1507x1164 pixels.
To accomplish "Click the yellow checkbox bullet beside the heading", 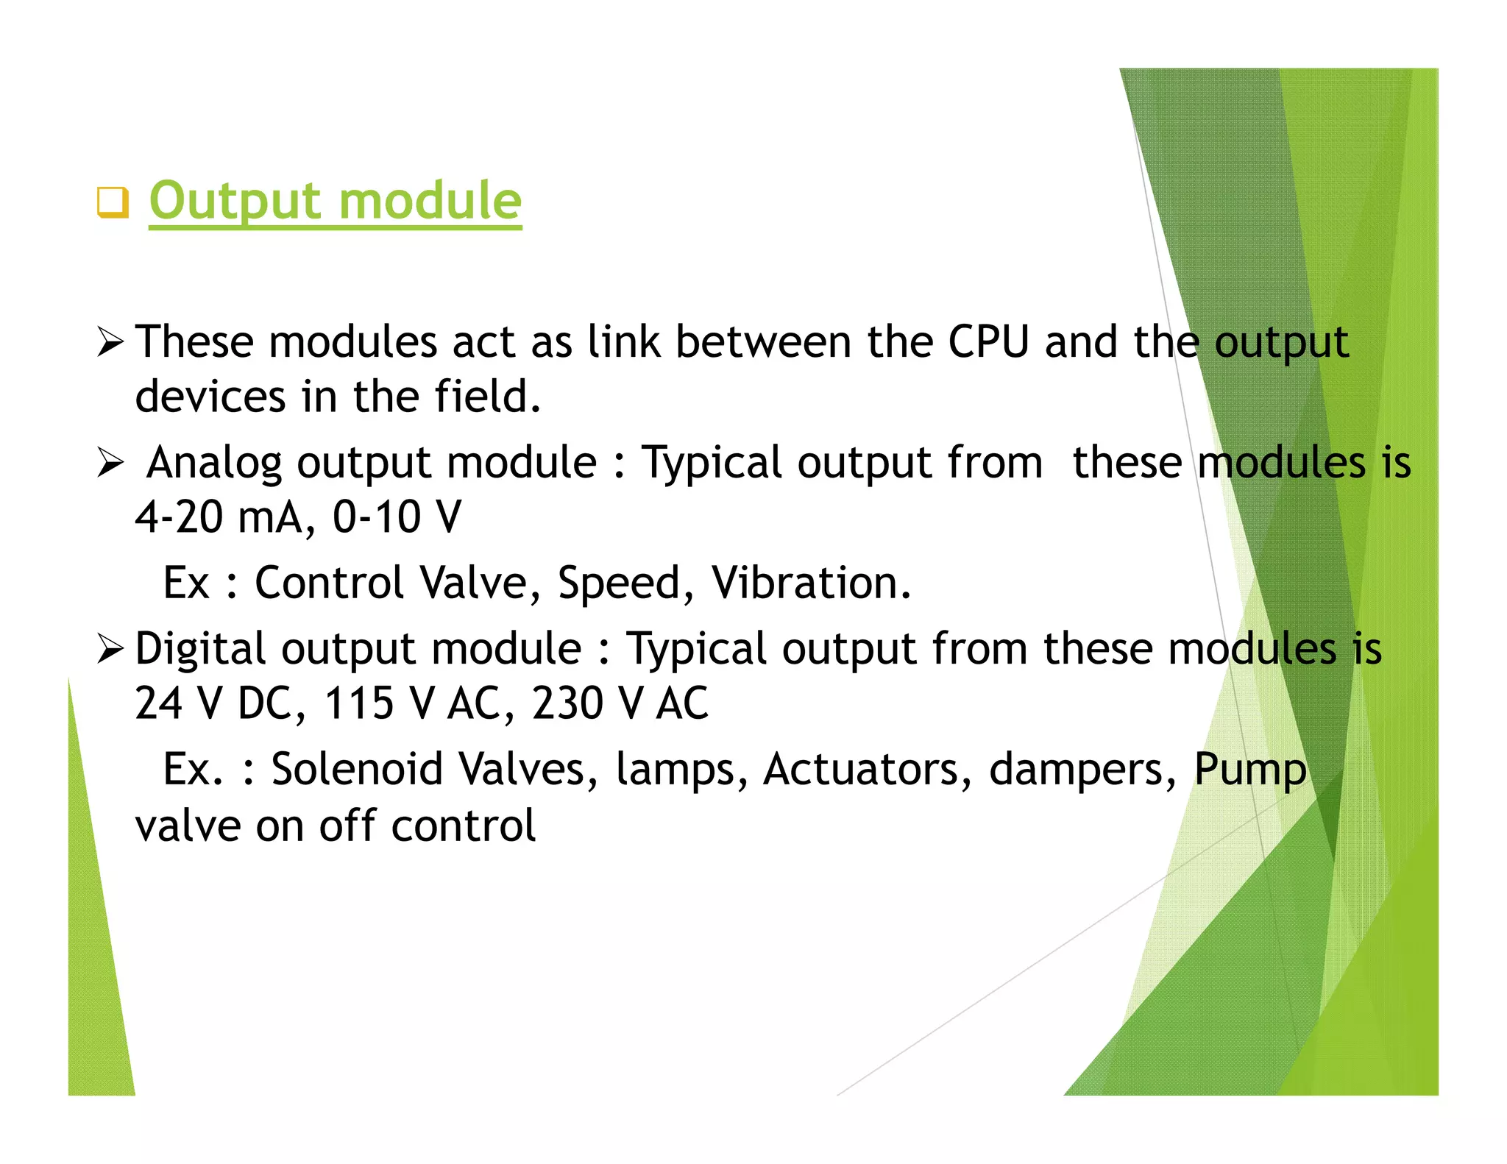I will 113,202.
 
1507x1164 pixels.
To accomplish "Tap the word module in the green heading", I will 430,201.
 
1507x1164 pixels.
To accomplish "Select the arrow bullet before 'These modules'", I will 110,342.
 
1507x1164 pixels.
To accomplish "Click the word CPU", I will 987,342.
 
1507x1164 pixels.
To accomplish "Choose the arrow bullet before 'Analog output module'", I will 110,463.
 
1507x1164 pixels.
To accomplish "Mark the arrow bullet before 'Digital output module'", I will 110,649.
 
